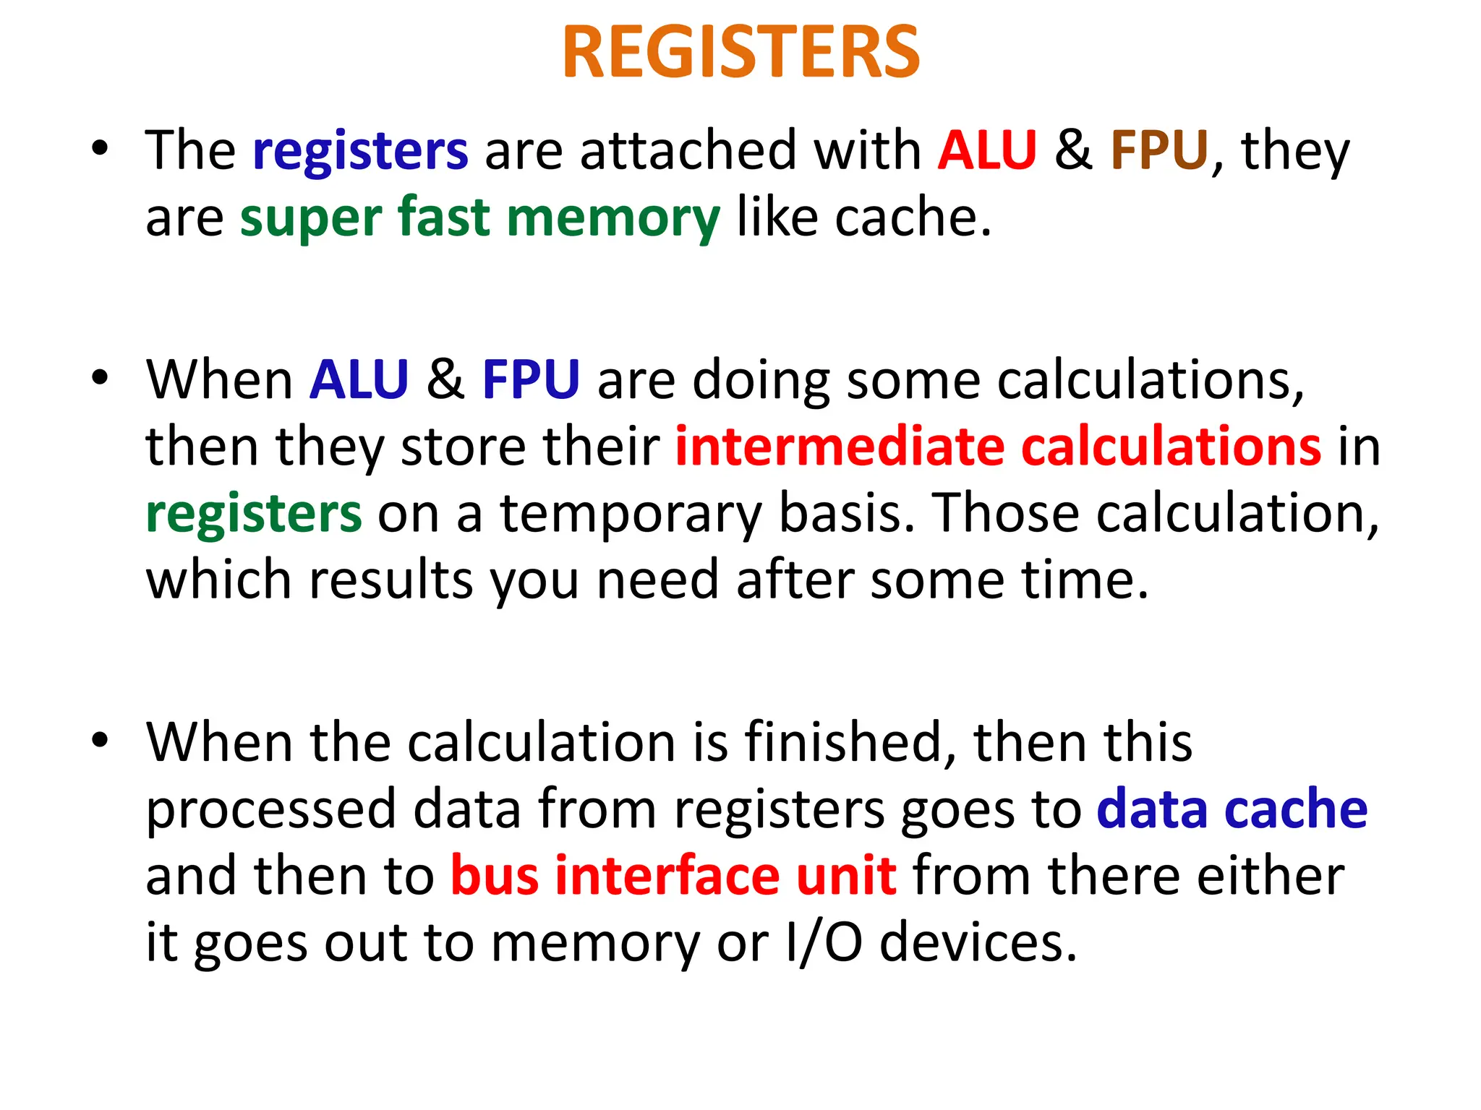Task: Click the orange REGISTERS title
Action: (x=740, y=52)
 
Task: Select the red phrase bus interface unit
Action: (x=673, y=875)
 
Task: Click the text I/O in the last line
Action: (x=824, y=942)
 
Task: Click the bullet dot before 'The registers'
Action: (x=100, y=148)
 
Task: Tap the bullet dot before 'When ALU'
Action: (x=100, y=377)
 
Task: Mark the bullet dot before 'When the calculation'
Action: (x=100, y=740)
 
